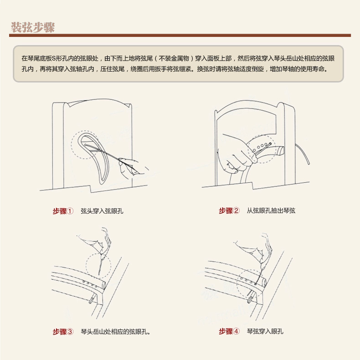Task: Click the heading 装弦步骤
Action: (x=33, y=27)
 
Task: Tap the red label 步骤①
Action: (x=63, y=211)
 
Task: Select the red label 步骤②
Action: (x=229, y=211)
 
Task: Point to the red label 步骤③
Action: (x=63, y=332)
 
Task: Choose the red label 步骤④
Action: (x=229, y=331)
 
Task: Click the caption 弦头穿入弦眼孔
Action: (x=102, y=211)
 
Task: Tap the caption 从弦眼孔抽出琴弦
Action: (x=271, y=211)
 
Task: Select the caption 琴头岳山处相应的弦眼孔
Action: (x=115, y=332)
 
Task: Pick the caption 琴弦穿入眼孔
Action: (x=265, y=331)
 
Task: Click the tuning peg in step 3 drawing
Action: (x=91, y=299)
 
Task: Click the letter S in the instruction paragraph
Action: (x=54, y=58)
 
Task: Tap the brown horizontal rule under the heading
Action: (x=180, y=36)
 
